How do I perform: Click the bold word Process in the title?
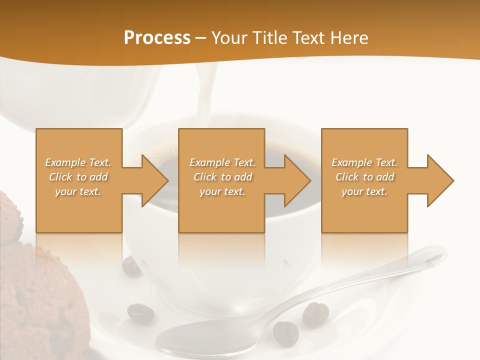[157, 37]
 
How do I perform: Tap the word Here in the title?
[349, 37]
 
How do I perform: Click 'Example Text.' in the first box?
[78, 162]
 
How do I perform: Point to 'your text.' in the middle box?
[222, 191]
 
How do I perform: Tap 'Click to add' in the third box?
[364, 177]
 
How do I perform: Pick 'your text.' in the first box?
[78, 191]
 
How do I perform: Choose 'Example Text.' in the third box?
[364, 162]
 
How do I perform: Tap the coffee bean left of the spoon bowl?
[140, 313]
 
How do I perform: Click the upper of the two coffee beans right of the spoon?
[315, 313]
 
